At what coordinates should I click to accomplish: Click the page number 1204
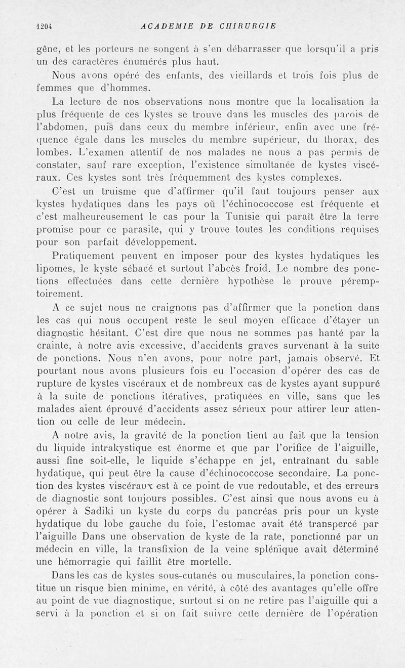45,27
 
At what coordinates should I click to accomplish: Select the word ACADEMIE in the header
165,27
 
